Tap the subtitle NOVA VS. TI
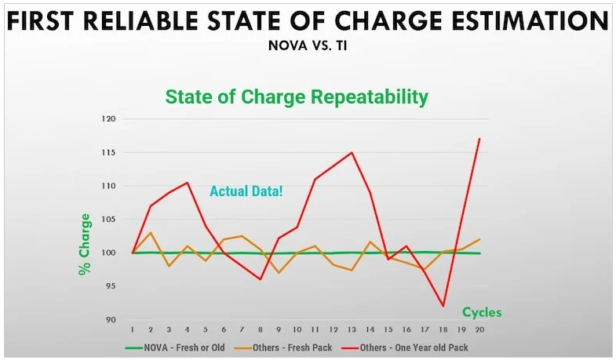tap(308, 45)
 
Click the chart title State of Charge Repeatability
tap(297, 97)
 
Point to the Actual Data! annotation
tap(246, 191)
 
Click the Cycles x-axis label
tap(481, 312)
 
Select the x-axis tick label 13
tap(352, 329)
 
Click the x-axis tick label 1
tap(132, 329)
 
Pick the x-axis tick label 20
tap(479, 329)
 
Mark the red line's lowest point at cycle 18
tap(443, 306)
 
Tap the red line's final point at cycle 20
tap(479, 139)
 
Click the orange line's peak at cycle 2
tap(151, 232)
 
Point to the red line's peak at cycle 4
tap(187, 183)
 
